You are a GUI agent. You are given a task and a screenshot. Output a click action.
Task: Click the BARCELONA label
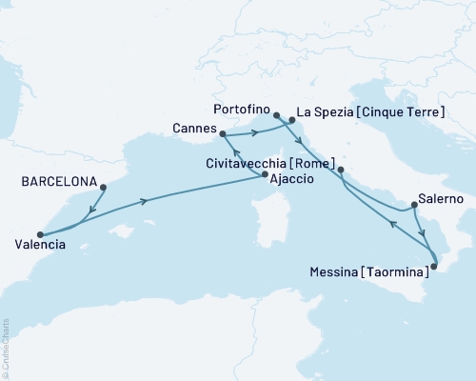pos(56,178)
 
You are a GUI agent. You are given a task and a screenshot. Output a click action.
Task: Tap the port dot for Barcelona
pos(102,187)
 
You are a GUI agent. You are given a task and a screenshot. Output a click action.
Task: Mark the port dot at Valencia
pos(39,234)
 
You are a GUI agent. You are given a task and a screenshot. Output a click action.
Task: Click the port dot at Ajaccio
pos(265,174)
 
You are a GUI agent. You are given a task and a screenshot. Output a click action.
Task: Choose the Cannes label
pos(191,127)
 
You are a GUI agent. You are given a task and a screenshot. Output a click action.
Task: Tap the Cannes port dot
pos(222,134)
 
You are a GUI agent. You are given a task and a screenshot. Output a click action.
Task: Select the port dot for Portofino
pos(276,115)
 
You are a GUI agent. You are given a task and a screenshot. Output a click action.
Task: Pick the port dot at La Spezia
pos(291,120)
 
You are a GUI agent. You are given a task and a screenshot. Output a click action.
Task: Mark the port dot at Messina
pos(431,267)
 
